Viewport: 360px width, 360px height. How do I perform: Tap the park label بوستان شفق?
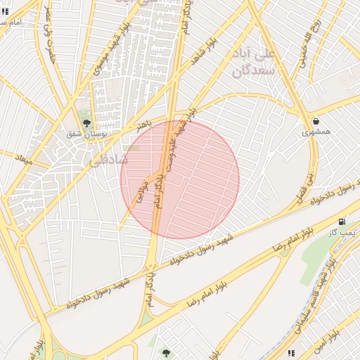tap(86, 134)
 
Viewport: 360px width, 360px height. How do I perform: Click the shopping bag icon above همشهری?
tap(316, 121)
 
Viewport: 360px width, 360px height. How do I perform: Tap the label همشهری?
tap(316, 131)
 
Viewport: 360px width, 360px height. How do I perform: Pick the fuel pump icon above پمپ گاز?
tap(342, 221)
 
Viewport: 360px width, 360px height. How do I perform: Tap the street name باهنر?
tap(144, 124)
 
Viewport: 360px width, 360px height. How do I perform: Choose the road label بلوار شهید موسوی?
tap(106, 52)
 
